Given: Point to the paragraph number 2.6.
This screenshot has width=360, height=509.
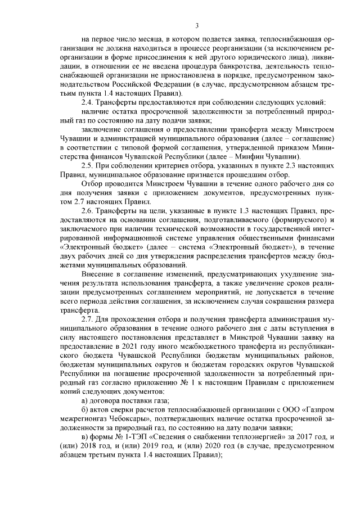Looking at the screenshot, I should pos(88,210).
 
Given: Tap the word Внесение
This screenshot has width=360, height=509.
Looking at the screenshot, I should pos(98,273).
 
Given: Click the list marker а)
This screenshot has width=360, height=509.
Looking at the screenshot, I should pos(85,400).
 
